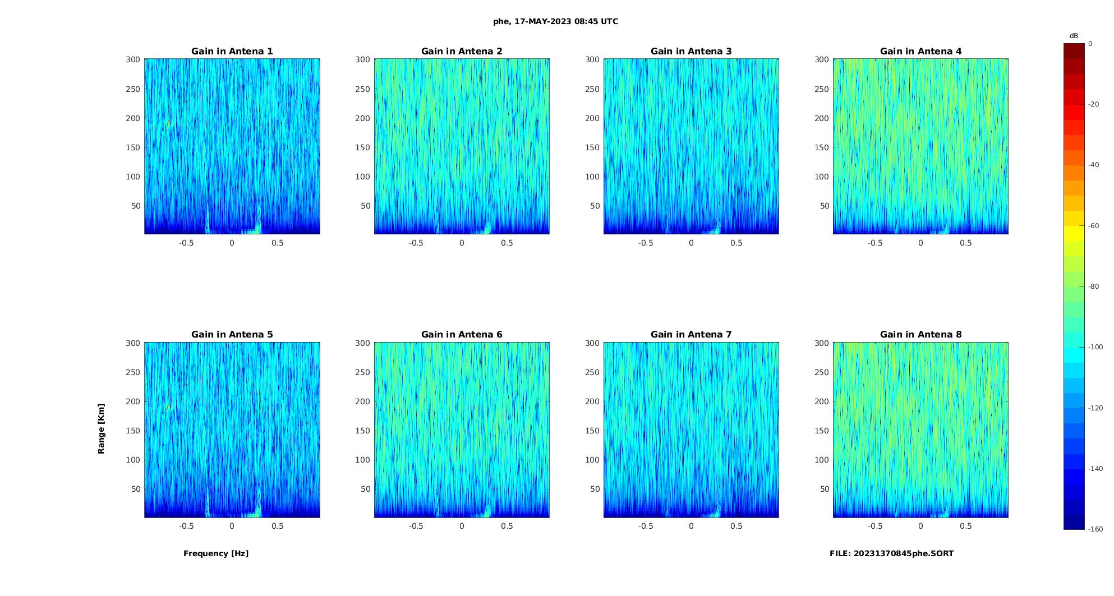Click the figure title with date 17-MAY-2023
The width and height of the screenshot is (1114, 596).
555,21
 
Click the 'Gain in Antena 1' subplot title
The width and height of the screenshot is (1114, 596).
232,51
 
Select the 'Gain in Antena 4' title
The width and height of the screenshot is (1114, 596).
920,51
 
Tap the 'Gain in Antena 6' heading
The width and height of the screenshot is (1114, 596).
462,334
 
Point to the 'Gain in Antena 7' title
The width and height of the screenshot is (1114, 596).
691,334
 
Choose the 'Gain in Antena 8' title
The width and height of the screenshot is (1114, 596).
920,334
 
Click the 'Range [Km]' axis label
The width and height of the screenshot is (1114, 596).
101,428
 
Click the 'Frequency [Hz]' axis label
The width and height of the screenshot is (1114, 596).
216,553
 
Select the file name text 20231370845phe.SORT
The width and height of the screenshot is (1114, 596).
891,553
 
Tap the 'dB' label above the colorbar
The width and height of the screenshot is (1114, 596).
1074,36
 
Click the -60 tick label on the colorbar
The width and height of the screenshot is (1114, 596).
1094,226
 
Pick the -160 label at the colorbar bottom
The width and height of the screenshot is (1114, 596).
1095,529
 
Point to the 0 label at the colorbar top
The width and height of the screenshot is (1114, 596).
1090,44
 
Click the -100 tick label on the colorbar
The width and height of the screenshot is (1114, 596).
1095,347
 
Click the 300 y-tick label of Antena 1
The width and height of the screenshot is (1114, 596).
133,59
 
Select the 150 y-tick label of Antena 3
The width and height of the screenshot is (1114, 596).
592,147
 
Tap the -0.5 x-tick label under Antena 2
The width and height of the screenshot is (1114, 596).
416,243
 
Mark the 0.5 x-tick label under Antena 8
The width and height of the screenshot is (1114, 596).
965,526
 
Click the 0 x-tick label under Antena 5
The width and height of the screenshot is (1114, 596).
232,526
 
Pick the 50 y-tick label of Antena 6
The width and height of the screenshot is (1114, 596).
366,489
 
